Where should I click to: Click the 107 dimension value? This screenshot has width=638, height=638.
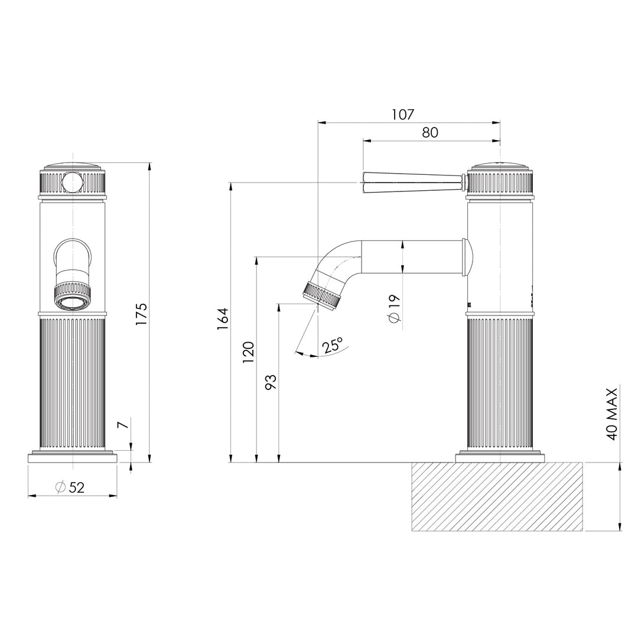403,114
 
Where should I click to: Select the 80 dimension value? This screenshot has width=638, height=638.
430,132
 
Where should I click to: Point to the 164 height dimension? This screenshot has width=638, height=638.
223,319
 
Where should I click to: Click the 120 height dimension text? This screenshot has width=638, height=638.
248,351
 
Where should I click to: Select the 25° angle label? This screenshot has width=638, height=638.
333,346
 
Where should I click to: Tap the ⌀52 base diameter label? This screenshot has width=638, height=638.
70,487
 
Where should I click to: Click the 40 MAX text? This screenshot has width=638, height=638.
611,414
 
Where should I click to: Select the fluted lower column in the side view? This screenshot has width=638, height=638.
500,384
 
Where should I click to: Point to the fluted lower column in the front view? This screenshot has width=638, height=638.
72,384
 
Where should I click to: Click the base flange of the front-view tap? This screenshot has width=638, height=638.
72,458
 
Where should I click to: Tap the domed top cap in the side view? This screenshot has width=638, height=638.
500,166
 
